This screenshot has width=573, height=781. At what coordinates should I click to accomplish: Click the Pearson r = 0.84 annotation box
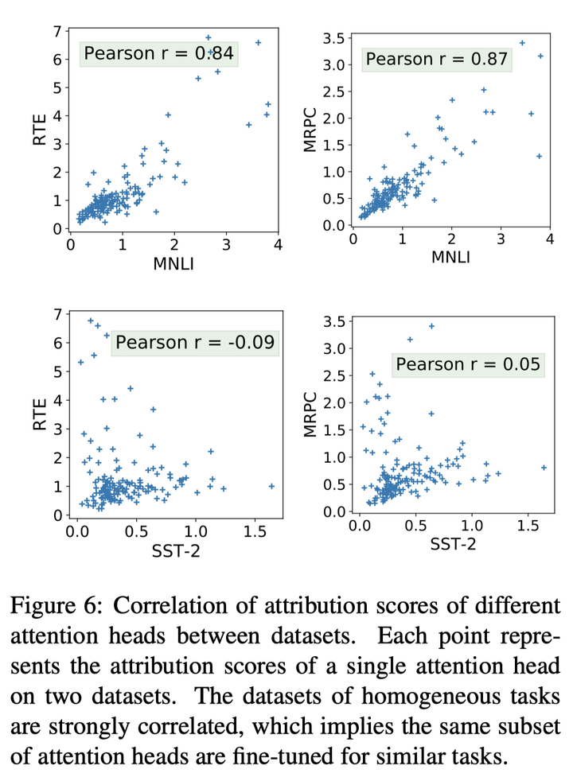158,54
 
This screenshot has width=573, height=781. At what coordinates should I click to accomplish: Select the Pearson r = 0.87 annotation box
437,59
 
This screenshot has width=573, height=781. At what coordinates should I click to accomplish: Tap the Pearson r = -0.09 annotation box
195,343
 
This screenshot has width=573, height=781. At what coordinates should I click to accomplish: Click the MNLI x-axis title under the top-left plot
173,265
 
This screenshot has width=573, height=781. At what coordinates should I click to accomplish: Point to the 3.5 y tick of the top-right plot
333,37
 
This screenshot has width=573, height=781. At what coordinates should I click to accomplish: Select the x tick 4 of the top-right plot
549,239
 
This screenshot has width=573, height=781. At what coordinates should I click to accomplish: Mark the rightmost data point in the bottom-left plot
271,486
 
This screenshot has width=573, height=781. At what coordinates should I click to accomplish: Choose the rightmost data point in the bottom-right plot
544,468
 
